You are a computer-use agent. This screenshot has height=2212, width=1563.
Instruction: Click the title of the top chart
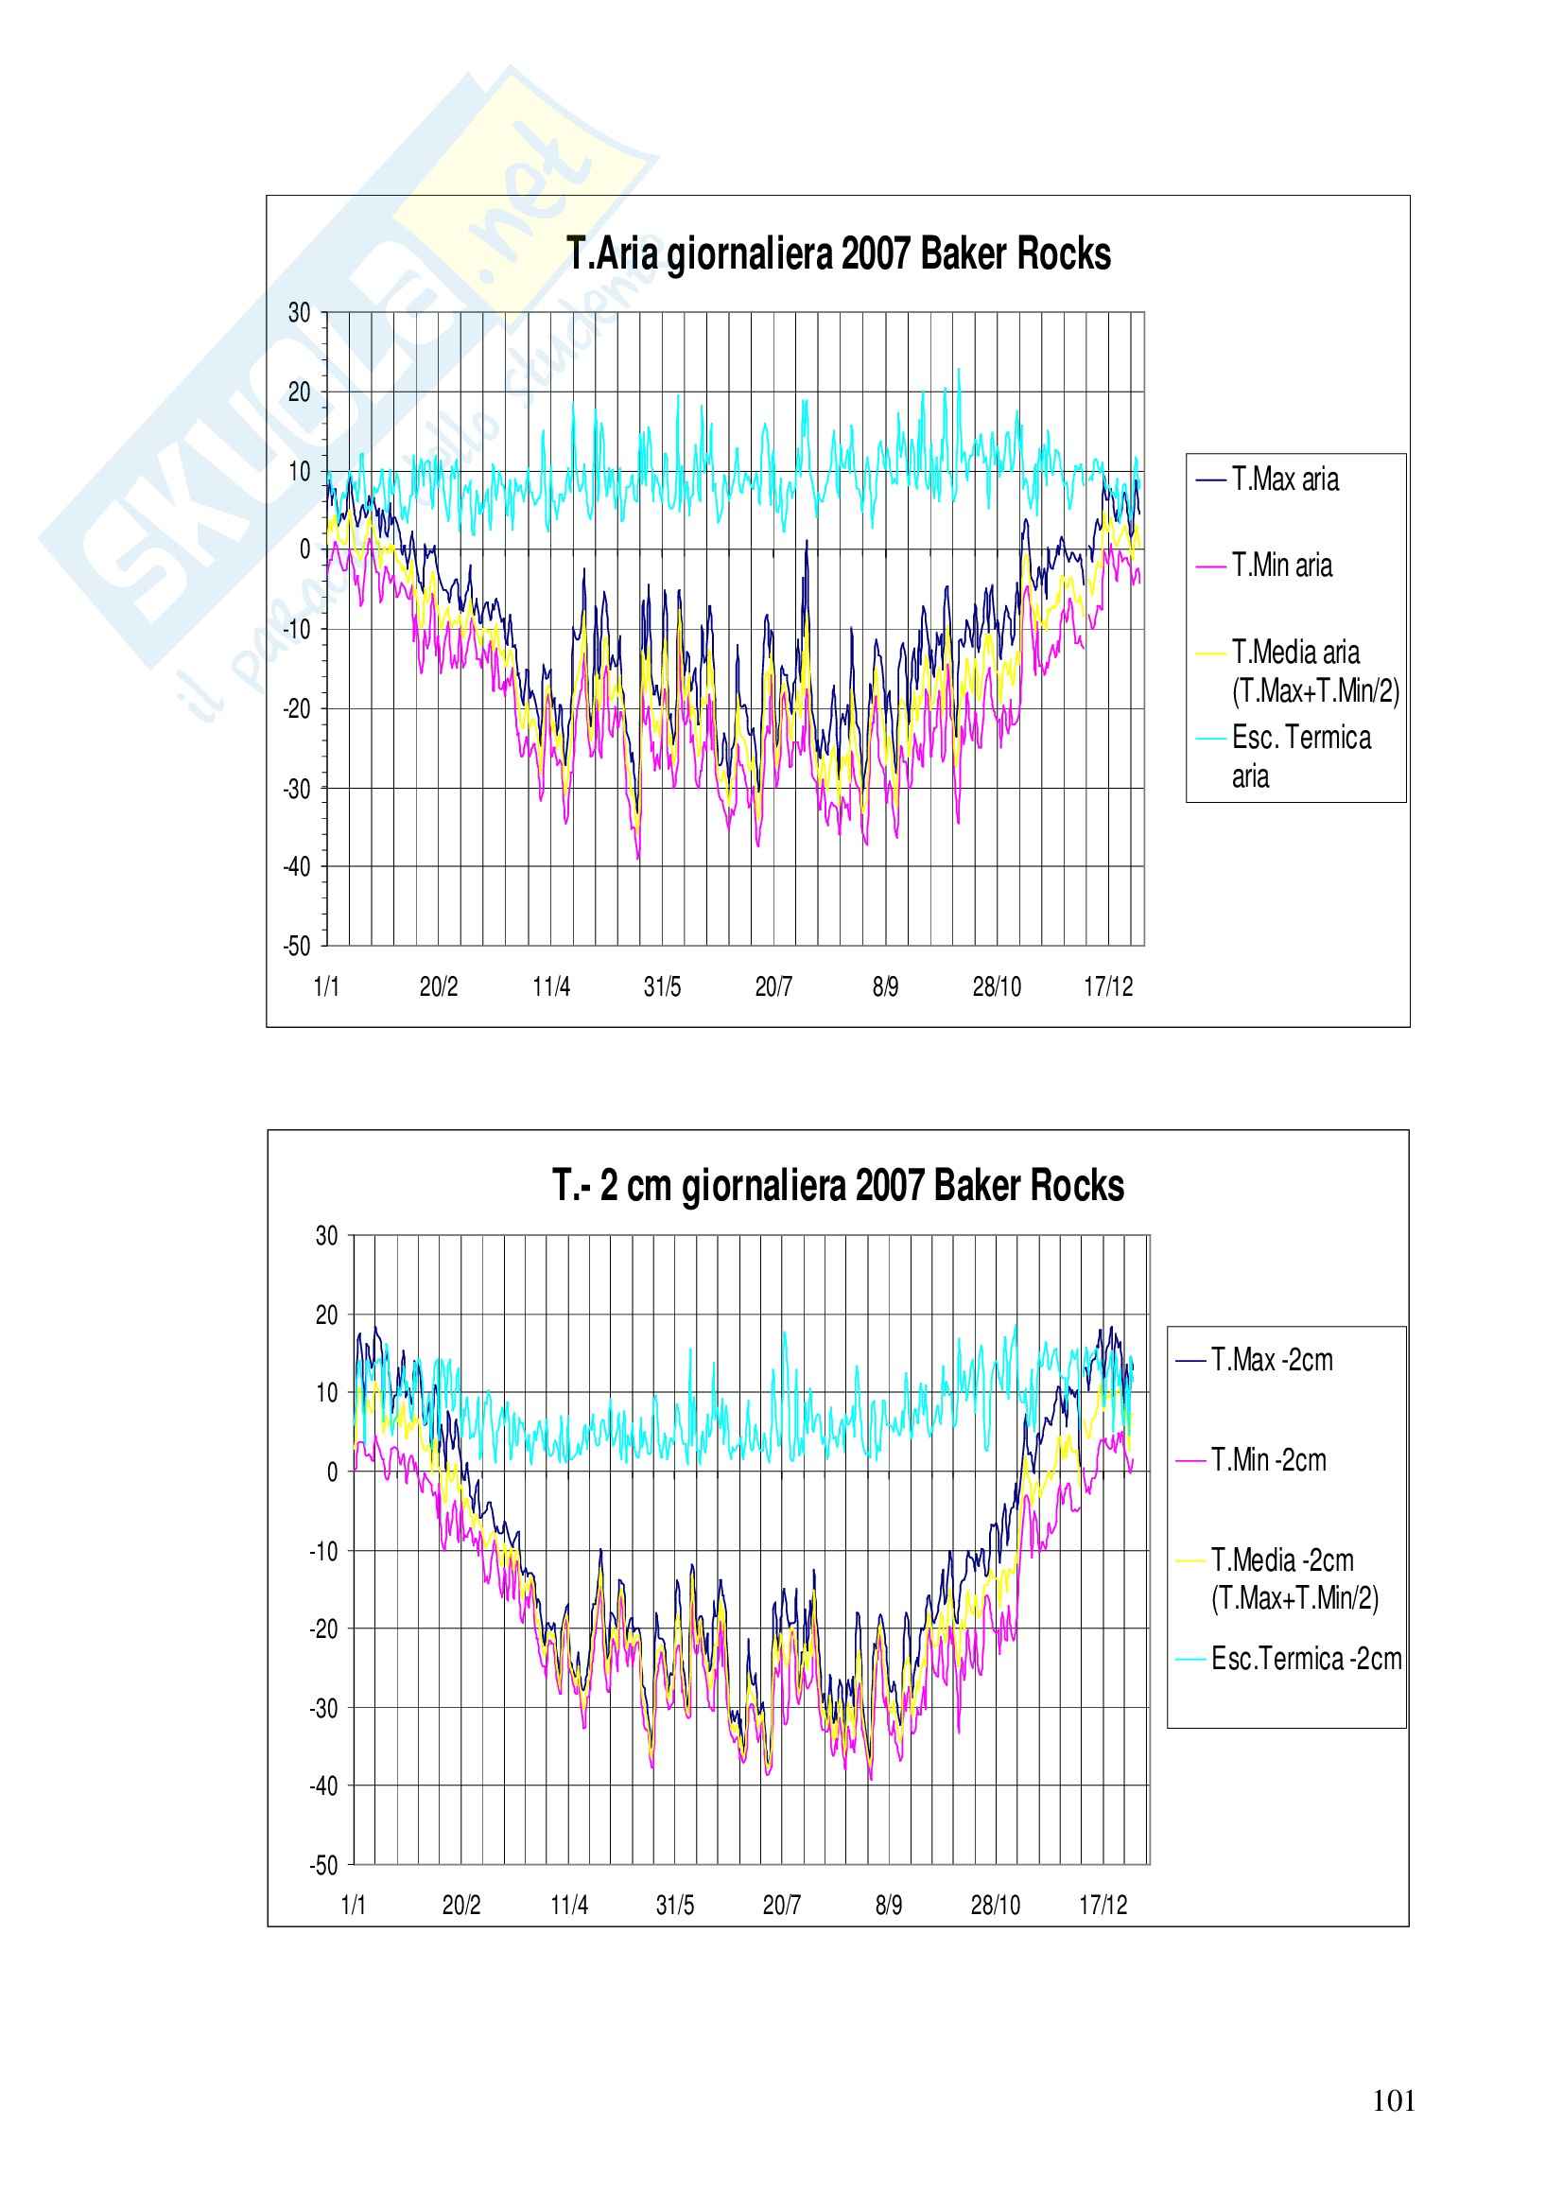(838, 255)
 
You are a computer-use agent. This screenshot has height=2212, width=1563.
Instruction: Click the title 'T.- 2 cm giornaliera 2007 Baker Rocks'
(838, 1186)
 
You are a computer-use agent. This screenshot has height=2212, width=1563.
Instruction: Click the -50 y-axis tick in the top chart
(297, 946)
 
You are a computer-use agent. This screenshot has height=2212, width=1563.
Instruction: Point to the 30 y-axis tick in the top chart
(300, 312)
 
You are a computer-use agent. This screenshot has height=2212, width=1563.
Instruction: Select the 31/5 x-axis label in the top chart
(663, 986)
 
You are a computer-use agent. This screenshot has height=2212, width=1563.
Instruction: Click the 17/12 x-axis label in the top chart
(1108, 986)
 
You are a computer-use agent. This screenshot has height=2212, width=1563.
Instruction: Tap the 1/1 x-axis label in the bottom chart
(354, 1905)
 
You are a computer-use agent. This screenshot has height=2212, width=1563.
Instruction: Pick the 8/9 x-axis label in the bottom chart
(889, 1905)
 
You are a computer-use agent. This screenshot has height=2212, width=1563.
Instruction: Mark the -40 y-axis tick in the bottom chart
(323, 1786)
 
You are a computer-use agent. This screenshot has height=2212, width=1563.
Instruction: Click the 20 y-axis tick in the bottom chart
(326, 1315)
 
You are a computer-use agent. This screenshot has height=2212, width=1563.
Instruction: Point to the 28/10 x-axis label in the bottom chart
(995, 1905)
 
